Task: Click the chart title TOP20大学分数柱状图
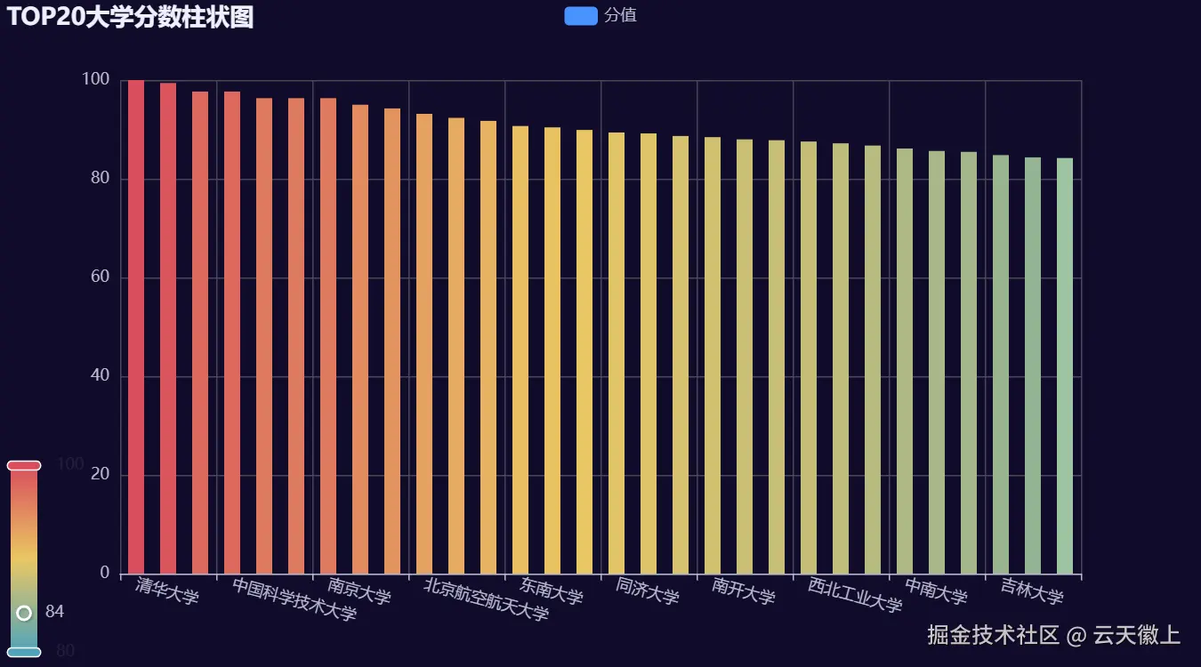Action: click(130, 17)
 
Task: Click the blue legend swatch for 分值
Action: click(580, 16)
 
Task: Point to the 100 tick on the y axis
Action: click(96, 80)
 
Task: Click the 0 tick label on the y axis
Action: click(104, 574)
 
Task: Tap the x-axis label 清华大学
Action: click(167, 591)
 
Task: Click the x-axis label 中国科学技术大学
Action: click(294, 599)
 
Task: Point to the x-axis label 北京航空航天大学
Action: click(486, 599)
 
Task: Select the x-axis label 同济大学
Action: click(647, 591)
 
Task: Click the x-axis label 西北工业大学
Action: click(854, 595)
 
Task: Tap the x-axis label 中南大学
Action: click(935, 591)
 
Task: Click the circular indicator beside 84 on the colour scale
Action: click(24, 612)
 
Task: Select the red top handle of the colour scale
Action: click(24, 465)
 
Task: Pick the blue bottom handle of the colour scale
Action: click(24, 652)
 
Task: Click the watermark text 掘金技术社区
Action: click(993, 635)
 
